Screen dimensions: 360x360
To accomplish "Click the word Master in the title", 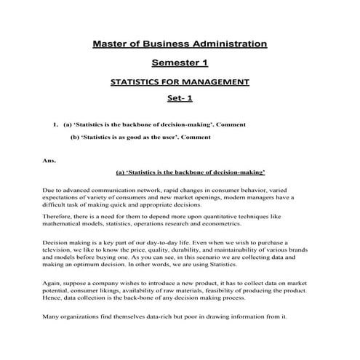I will pos(112,44).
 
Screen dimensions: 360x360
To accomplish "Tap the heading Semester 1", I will pos(180,63).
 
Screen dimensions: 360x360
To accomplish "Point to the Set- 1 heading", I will pos(180,99).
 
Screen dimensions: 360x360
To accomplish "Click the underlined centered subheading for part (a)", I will pos(190,172).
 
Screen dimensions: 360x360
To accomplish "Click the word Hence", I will pos(54,303).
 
